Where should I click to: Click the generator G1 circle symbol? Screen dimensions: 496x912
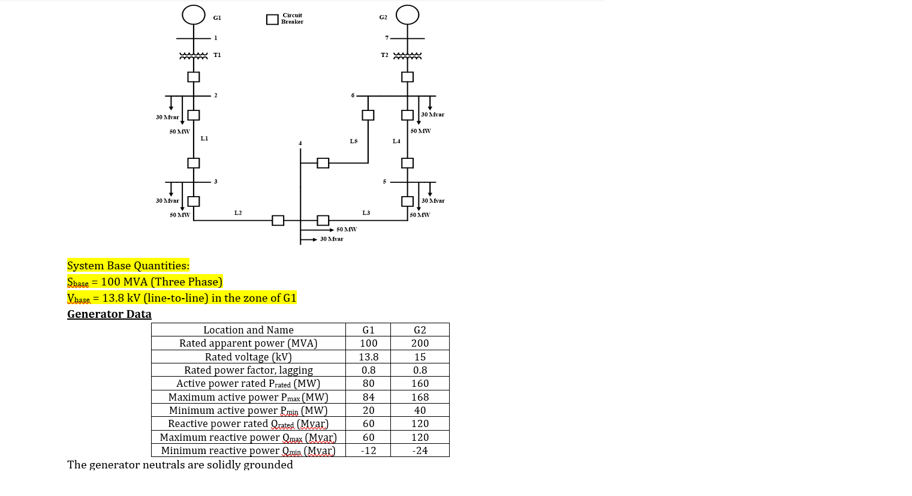194,14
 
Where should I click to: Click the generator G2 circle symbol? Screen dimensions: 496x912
408,14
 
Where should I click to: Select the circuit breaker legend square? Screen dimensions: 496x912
272,19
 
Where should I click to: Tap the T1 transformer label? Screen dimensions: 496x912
217,55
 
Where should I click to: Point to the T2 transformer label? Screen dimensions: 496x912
384,55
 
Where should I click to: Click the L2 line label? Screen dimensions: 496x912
238,213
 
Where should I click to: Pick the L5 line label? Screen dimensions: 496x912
354,142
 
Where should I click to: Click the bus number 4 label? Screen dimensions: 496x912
300,143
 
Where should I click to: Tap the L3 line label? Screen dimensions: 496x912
366,213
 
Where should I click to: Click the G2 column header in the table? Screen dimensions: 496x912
420,330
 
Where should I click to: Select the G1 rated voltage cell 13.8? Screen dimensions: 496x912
368,357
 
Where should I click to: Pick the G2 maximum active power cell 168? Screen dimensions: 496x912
420,397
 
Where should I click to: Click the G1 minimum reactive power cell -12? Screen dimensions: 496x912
368,450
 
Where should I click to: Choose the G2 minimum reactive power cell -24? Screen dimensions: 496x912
420,450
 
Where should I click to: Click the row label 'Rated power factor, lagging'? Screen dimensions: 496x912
248,370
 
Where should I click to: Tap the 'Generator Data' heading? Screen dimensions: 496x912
109,314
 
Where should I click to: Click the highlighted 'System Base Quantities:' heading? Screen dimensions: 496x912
128,266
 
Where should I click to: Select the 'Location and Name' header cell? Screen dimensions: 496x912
248,330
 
